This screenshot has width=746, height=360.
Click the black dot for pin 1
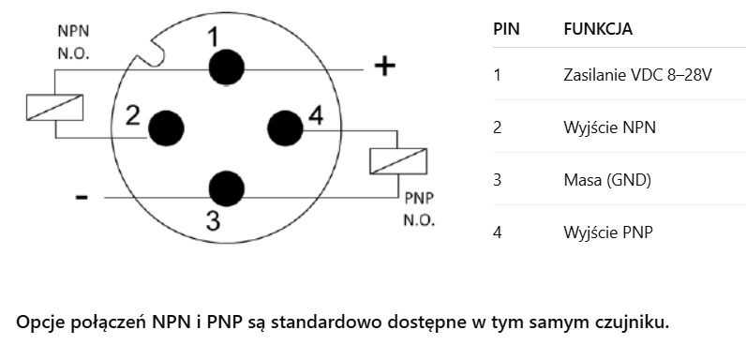pos(227,67)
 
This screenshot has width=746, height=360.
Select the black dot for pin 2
pos(167,128)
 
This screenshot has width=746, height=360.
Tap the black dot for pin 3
pos(227,188)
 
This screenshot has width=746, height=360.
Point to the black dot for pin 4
pos(286,128)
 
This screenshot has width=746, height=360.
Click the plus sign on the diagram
pos(384,67)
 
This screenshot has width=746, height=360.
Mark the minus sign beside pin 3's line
pos(82,197)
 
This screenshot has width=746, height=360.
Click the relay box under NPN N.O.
pos(54,108)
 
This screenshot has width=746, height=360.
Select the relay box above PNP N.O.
pos(398,161)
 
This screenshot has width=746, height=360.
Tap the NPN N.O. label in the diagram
pos(73,42)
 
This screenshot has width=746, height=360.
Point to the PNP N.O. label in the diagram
pos(419,208)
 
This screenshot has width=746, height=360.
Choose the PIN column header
pos(506,29)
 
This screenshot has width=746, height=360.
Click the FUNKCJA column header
pos(598,29)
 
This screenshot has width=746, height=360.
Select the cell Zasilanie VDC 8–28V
pos(637,75)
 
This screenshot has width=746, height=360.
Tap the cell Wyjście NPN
pos(609,127)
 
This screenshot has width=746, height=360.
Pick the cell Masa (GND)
pos(607,180)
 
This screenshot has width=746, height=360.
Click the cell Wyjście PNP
pos(608,232)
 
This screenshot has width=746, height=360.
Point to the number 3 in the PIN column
pos(497,180)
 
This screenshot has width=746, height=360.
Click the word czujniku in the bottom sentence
pos(633,322)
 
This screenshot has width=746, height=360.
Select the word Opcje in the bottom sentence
pos(42,323)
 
